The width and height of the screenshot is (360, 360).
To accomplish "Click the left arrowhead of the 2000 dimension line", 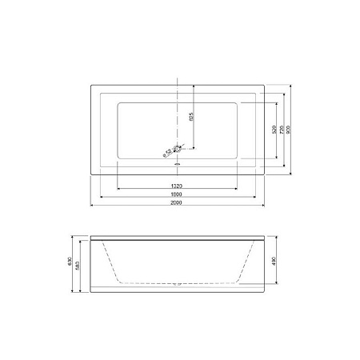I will click(x=90, y=206).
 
